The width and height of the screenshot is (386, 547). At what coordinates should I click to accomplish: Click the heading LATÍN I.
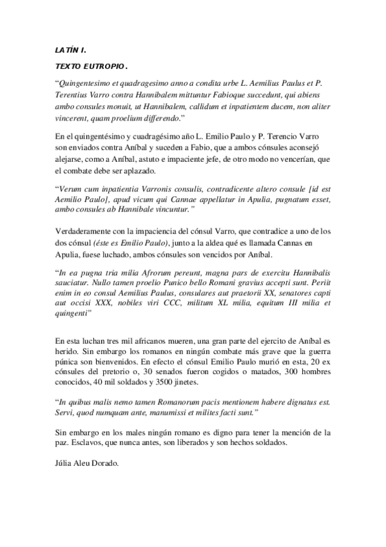68,49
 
